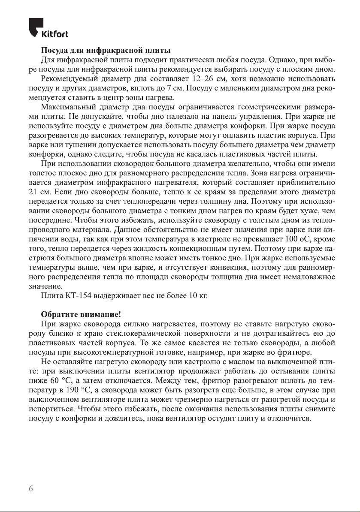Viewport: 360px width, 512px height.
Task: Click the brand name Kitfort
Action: (x=54, y=34)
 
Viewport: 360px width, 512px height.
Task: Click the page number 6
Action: (x=30, y=489)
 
